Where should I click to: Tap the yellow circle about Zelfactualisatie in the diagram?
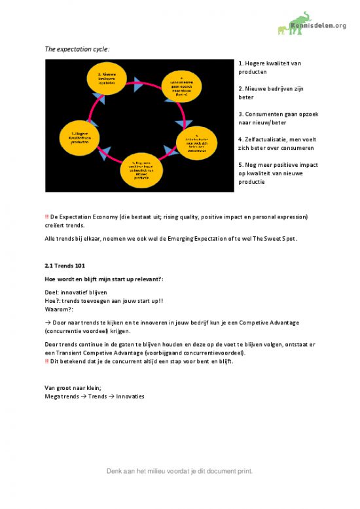point(197,141)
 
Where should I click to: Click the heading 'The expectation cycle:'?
point(77,49)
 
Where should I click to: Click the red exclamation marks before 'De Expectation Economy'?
point(46,216)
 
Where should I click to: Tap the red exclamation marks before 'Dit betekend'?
point(46,360)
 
